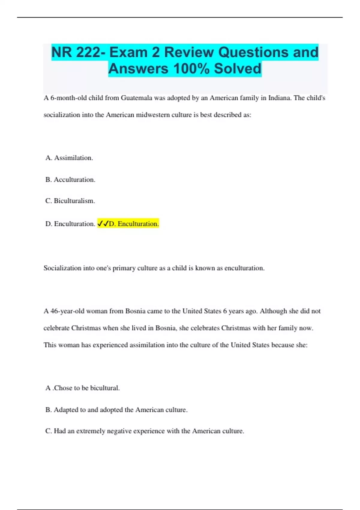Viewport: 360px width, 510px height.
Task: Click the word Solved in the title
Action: pos(237,69)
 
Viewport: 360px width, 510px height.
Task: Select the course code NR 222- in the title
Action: pos(78,52)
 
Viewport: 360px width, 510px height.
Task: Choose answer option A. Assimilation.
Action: pos(69,158)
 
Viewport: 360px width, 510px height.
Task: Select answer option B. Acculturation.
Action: pos(70,180)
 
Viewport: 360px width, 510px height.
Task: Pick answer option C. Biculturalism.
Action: pos(70,201)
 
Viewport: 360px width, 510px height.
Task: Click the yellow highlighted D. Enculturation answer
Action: pos(133,224)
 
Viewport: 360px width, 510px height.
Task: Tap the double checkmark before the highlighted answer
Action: pos(103,224)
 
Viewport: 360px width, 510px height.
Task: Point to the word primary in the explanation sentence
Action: pos(124,268)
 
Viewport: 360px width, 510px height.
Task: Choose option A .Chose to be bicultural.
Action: pos(82,388)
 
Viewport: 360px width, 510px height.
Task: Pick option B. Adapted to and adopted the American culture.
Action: pos(116,410)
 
